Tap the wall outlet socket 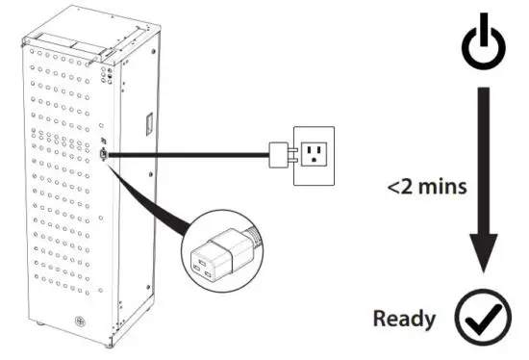click(x=315, y=151)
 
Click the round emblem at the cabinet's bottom click(x=69, y=319)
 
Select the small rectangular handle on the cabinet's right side click(x=148, y=124)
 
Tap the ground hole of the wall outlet click(x=316, y=159)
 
